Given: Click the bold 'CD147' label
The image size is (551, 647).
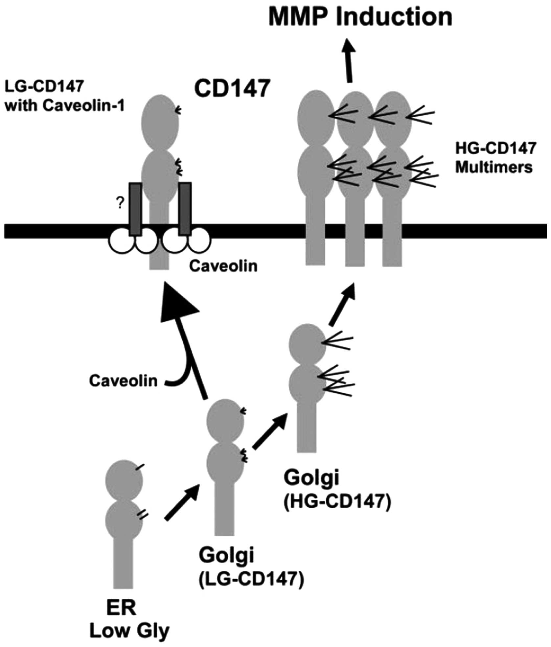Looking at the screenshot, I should (232, 88).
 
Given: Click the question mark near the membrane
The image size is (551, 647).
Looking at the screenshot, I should (120, 204).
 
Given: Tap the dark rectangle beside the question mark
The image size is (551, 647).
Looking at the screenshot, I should (135, 209).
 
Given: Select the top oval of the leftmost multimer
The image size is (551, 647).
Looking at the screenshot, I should (316, 116).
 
